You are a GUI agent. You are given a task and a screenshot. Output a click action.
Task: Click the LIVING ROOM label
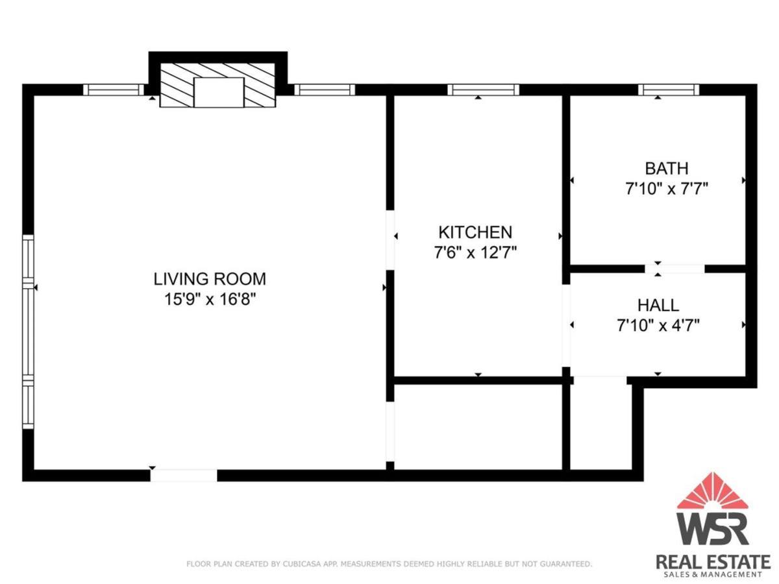210,279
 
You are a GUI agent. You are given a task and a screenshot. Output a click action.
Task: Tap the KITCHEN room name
475,232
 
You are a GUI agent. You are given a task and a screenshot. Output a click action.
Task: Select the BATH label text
667,169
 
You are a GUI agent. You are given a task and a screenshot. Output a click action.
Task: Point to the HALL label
658,305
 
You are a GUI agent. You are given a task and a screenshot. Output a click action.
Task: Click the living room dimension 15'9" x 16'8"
210,299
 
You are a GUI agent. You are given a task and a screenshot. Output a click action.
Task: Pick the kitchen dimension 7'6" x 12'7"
475,253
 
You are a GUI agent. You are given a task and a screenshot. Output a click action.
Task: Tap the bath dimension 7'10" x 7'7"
667,189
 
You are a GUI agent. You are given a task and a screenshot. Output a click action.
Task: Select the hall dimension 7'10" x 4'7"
658,325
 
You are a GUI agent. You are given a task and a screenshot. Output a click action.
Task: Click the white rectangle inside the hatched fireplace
219,92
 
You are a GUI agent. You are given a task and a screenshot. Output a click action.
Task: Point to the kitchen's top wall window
483,90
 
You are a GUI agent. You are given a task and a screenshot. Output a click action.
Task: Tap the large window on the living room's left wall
28,332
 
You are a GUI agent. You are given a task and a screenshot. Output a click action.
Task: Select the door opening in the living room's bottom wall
184,476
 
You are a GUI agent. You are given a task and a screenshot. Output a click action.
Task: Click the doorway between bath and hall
674,269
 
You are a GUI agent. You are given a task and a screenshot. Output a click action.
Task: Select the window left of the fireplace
114,90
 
